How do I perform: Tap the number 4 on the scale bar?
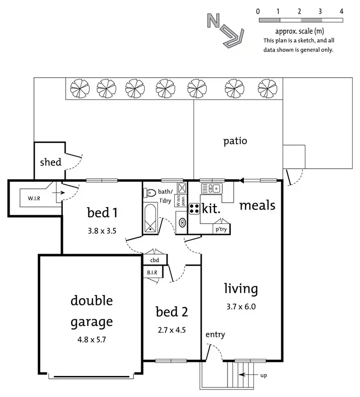tap(341, 11)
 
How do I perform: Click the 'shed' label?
tap(50, 162)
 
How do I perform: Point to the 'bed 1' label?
tap(102, 211)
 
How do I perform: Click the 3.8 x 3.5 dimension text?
tap(102, 230)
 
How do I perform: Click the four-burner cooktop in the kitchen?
tap(194, 209)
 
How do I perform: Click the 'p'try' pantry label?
tap(220, 229)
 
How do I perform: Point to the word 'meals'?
tap(257, 206)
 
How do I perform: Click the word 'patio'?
tap(235, 141)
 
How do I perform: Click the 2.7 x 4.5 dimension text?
tap(172, 331)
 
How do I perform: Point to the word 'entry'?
tap(215, 335)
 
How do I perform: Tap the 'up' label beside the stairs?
tap(264, 375)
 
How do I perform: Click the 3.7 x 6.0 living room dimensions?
tap(241, 307)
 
